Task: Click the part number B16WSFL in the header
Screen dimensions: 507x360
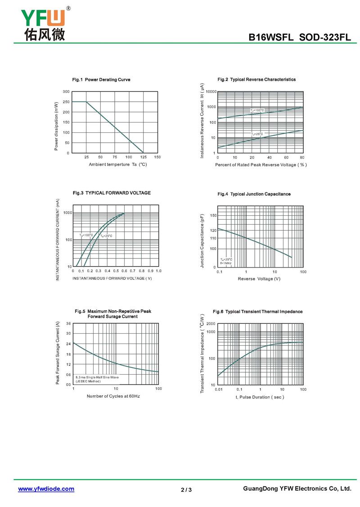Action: click(x=272, y=38)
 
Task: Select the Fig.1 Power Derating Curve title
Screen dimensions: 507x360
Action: click(x=101, y=80)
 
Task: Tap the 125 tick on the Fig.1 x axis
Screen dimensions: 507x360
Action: click(x=143, y=157)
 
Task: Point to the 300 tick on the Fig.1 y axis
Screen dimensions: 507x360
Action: click(x=66, y=92)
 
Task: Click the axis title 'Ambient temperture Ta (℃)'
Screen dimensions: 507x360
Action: click(x=118, y=164)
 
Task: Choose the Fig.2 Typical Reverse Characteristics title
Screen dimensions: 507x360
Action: click(x=256, y=79)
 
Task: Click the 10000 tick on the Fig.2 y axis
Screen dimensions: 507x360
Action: click(x=211, y=92)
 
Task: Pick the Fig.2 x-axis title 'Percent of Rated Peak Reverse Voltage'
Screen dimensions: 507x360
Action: click(x=261, y=165)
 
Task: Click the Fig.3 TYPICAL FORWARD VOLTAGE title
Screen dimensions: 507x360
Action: click(x=112, y=193)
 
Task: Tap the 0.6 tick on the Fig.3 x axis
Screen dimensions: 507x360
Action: click(x=124, y=271)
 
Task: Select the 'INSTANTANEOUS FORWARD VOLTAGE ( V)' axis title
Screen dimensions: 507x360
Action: click(x=112, y=278)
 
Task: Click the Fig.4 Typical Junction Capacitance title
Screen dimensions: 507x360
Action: click(x=254, y=194)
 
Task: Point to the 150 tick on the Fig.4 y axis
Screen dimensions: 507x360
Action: click(x=213, y=216)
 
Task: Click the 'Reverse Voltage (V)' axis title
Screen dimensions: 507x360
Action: click(x=259, y=279)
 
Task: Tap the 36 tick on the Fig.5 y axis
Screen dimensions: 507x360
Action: click(x=68, y=324)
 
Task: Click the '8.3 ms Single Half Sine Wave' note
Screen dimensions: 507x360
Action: click(x=97, y=377)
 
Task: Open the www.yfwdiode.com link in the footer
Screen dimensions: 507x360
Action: click(x=46, y=489)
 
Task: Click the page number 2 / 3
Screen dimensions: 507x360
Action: click(x=186, y=490)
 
